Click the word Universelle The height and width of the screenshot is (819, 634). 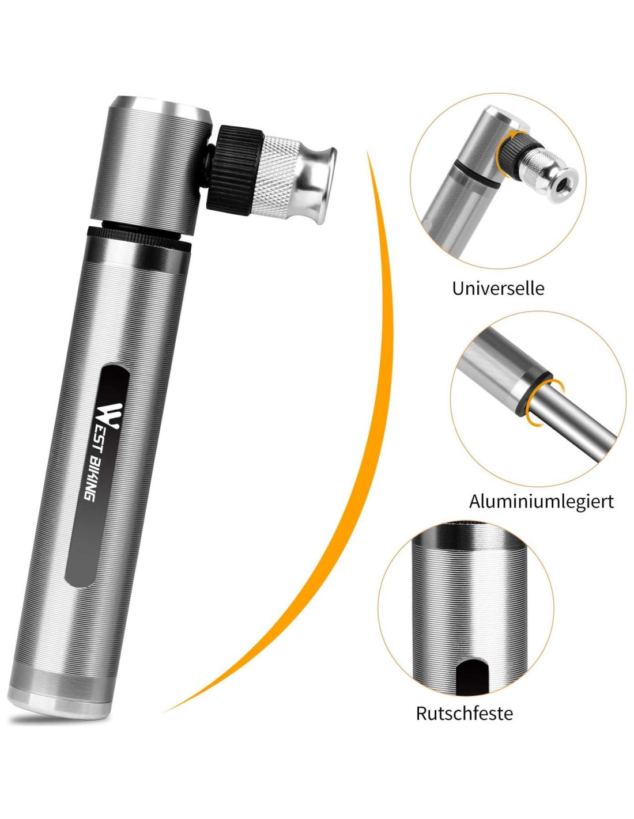[x=498, y=289]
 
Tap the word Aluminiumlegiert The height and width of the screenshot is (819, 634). [x=541, y=501]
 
